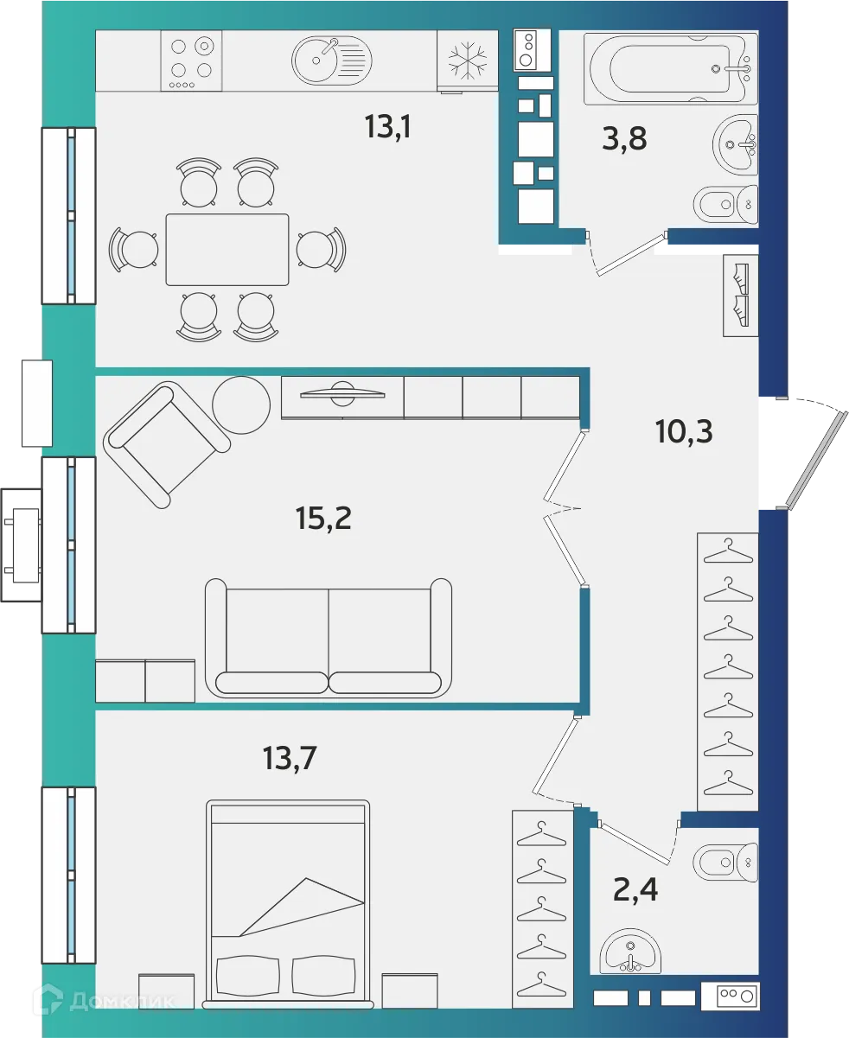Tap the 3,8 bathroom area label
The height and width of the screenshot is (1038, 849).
tap(624, 137)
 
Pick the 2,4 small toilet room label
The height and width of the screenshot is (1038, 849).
tap(635, 888)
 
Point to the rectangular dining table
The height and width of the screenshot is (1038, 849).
tap(227, 250)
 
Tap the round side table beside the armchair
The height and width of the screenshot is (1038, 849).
tap(241, 404)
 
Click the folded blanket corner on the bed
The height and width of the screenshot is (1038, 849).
tap(303, 907)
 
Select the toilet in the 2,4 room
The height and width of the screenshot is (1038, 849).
tap(726, 861)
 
